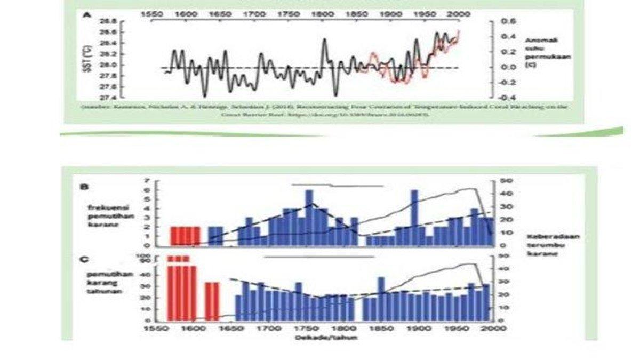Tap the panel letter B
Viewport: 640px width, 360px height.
tap(83, 187)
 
